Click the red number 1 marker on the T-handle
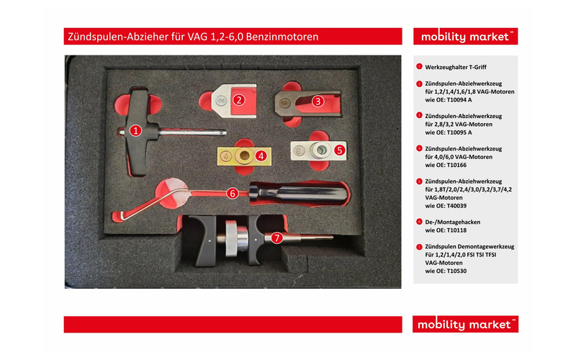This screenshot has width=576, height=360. pyautogui.click(x=135, y=130)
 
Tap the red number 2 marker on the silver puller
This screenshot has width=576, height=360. pyautogui.click(x=239, y=100)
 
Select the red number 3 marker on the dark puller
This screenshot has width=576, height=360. pyautogui.click(x=318, y=101)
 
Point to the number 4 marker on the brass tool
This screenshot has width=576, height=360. pyautogui.click(x=261, y=156)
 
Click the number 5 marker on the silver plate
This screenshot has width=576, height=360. pyautogui.click(x=339, y=150)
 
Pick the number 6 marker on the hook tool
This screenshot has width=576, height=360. pyautogui.click(x=232, y=193)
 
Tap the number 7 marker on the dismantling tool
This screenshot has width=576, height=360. pyautogui.click(x=276, y=238)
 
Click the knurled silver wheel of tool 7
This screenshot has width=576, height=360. pyautogui.click(x=231, y=238)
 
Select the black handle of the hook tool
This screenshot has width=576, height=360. pyautogui.click(x=298, y=194)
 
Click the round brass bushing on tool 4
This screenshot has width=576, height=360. pyautogui.click(x=243, y=156)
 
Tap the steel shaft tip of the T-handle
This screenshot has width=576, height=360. pyautogui.click(x=223, y=132)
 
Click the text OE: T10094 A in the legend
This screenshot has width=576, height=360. pyautogui.click(x=454, y=100)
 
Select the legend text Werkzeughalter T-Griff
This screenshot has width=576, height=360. pyautogui.click(x=456, y=67)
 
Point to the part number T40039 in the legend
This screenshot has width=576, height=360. pyautogui.click(x=456, y=206)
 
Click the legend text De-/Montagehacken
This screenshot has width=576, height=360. pyautogui.click(x=453, y=222)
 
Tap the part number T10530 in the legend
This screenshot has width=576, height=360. pyautogui.click(x=456, y=271)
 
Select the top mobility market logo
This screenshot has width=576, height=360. pyautogui.click(x=465, y=37)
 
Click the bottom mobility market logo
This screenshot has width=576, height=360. pyautogui.click(x=465, y=325)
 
